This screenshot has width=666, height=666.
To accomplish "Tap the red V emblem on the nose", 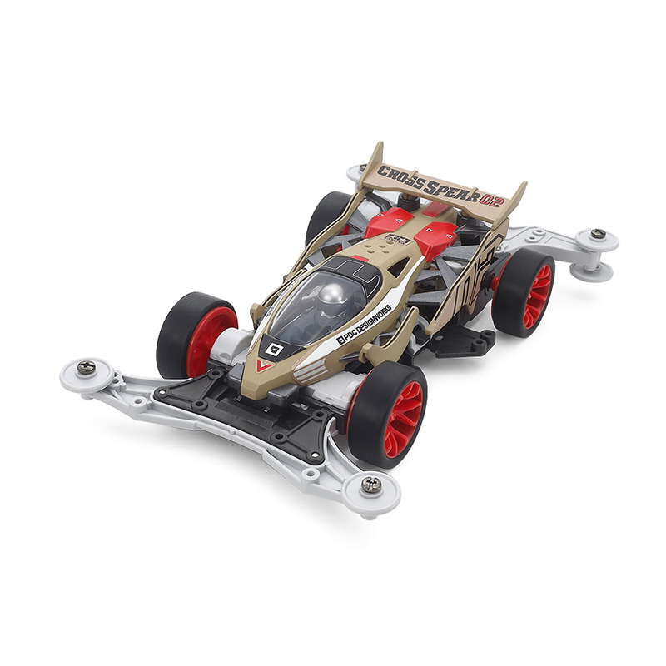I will click(265, 365).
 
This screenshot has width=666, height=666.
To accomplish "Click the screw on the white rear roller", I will click(599, 234).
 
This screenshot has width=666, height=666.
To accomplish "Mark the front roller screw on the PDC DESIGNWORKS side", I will click(372, 483).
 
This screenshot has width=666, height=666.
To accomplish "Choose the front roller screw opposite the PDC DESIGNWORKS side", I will click(85, 367).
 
